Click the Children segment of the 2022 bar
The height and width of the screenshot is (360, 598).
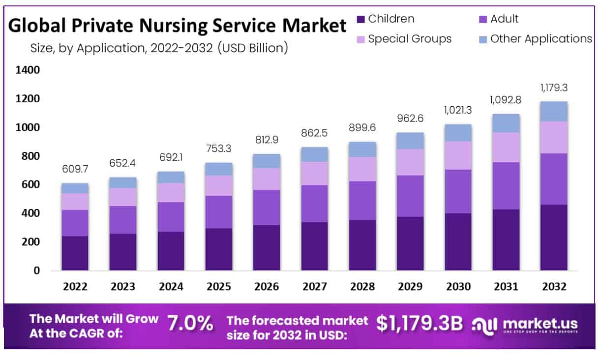(75, 253)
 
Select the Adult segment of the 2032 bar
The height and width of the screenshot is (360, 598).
(554, 179)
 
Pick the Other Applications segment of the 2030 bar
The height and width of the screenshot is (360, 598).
(458, 133)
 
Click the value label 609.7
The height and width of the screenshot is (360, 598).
(75, 169)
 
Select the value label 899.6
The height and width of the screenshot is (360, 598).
(362, 128)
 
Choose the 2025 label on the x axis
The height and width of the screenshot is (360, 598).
(218, 287)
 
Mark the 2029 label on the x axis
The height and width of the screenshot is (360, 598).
(410, 287)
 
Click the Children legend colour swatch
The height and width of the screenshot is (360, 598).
(360, 20)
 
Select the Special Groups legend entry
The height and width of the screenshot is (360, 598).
(409, 39)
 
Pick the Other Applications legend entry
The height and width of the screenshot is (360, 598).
(541, 39)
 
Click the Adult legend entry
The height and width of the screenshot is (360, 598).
(504, 19)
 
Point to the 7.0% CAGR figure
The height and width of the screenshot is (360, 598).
(190, 323)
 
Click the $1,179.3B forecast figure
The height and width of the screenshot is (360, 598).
(419, 323)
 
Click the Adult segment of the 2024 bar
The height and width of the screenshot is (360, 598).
(171, 217)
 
